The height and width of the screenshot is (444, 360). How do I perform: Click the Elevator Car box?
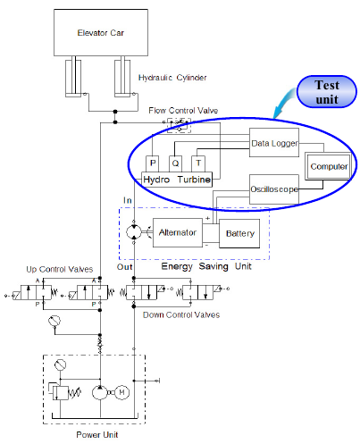pyautogui.click(x=101, y=32)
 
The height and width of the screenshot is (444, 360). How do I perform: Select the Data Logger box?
pyautogui.click(x=274, y=143)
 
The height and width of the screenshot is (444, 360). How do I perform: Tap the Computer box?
pyautogui.click(x=328, y=166)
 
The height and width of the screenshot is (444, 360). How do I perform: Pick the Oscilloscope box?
pyautogui.click(x=274, y=189)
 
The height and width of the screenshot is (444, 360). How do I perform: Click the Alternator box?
pyautogui.click(x=178, y=232)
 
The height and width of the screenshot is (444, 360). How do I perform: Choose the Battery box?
pyautogui.click(x=239, y=233)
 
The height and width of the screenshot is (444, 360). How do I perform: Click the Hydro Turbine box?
pyautogui.click(x=177, y=180)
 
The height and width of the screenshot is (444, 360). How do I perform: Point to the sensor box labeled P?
pyautogui.click(x=153, y=163)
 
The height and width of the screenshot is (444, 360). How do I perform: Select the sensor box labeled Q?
pyautogui.click(x=175, y=163)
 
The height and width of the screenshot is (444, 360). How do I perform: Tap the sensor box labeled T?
pyautogui.click(x=198, y=163)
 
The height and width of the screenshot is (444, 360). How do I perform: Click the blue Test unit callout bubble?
pyautogui.click(x=327, y=92)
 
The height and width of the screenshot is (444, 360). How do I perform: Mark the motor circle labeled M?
pyautogui.click(x=121, y=392)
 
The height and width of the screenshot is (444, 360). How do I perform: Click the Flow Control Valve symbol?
pyautogui.click(x=179, y=125)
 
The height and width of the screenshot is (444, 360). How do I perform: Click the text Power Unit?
pyautogui.click(x=97, y=435)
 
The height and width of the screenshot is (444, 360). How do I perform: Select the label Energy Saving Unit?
pyautogui.click(x=206, y=266)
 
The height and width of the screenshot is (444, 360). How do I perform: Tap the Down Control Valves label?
pyautogui.click(x=181, y=314)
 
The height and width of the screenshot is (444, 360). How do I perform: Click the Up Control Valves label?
pyautogui.click(x=60, y=270)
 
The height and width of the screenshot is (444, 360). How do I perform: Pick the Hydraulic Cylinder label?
pyautogui.click(x=172, y=78)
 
